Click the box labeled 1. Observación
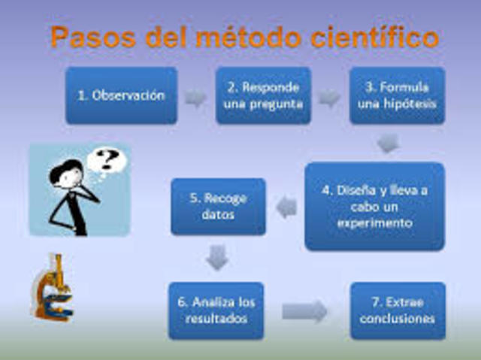coord(121,95)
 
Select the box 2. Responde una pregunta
coord(263,95)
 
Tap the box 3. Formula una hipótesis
coord(397,95)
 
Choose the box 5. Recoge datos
coord(218,207)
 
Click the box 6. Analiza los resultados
coord(216,310)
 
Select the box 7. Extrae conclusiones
coord(398,310)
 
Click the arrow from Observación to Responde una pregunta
coord(196,98)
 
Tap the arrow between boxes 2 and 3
coord(329,98)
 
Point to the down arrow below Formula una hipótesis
coord(388,142)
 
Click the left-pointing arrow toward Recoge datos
coord(286,207)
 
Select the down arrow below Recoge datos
coord(218,258)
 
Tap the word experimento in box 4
coord(374,223)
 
